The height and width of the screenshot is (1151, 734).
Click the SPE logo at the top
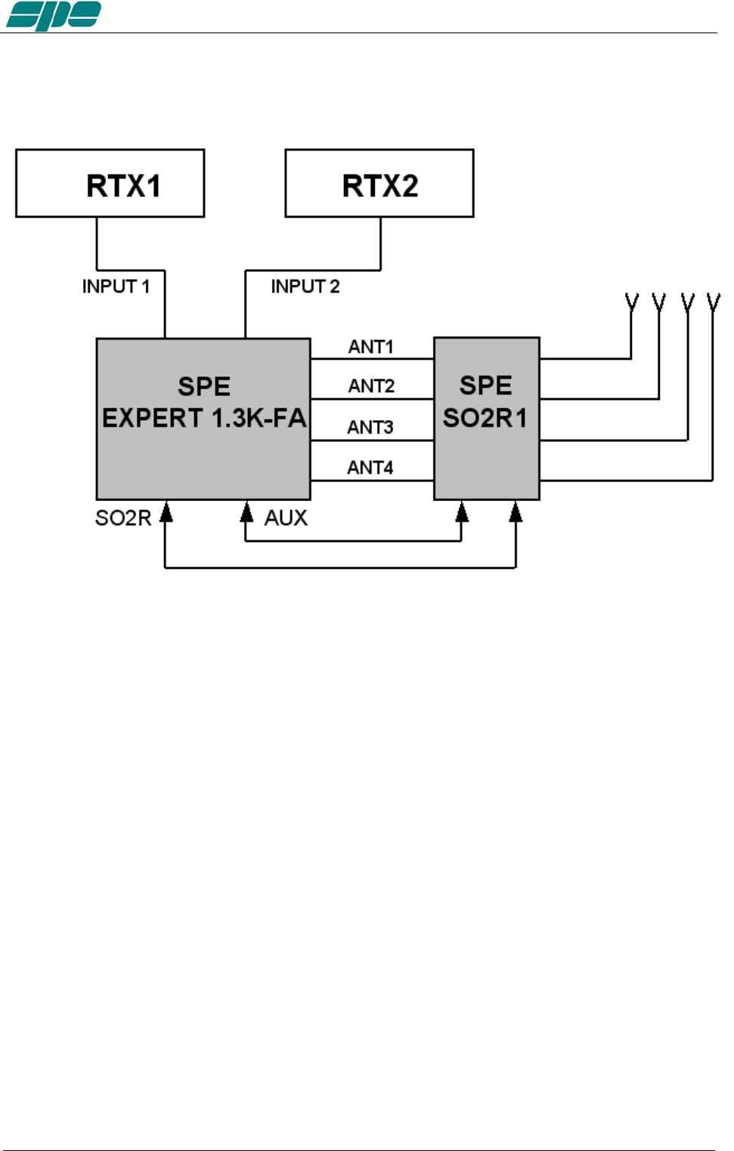(x=54, y=15)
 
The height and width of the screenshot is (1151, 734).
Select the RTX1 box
(x=110, y=184)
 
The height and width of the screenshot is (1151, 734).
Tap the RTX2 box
(x=379, y=184)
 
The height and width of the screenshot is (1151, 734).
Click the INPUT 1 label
(x=116, y=286)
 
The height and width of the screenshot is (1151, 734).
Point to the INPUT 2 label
(x=305, y=286)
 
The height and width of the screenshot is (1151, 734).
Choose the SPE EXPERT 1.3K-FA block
(x=203, y=418)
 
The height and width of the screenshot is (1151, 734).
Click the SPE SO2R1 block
(x=486, y=418)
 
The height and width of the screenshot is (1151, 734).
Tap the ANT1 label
(x=370, y=347)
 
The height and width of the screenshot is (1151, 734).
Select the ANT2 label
(x=371, y=386)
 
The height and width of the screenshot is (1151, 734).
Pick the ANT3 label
(x=370, y=427)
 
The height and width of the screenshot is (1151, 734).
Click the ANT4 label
(x=370, y=468)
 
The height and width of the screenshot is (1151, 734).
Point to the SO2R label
(x=123, y=518)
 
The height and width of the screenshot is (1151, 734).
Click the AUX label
(x=286, y=518)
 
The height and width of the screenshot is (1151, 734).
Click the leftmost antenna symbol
(x=632, y=303)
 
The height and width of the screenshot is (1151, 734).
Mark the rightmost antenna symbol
(x=713, y=303)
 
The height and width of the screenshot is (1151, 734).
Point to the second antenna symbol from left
(x=659, y=303)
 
